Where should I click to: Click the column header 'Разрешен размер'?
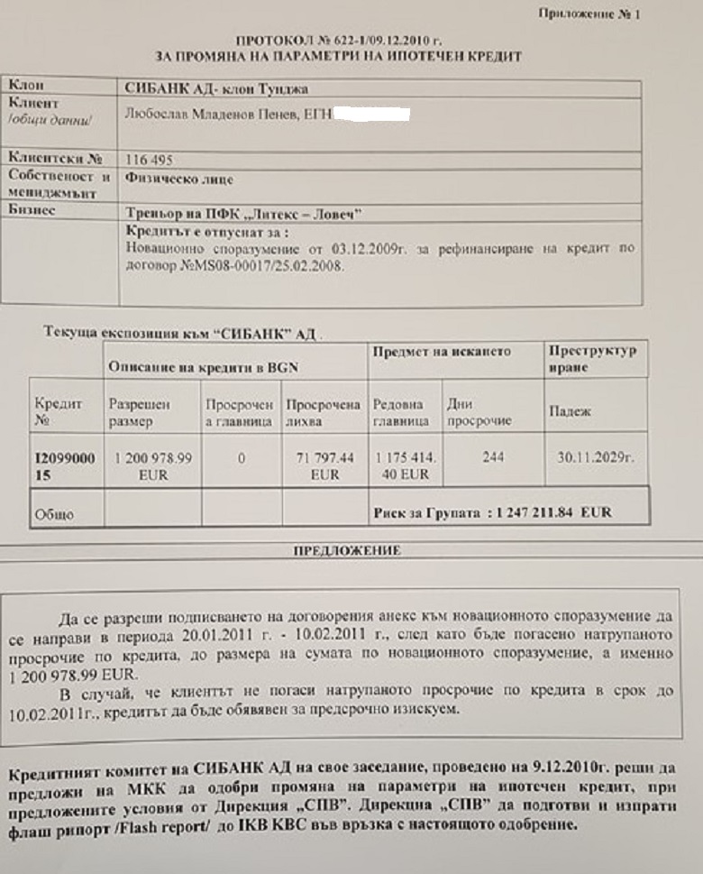click(x=139, y=412)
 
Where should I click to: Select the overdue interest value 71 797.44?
click(x=324, y=458)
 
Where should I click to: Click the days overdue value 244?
click(x=493, y=457)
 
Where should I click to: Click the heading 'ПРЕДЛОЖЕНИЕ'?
click(x=348, y=549)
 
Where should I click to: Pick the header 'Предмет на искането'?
click(x=442, y=351)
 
